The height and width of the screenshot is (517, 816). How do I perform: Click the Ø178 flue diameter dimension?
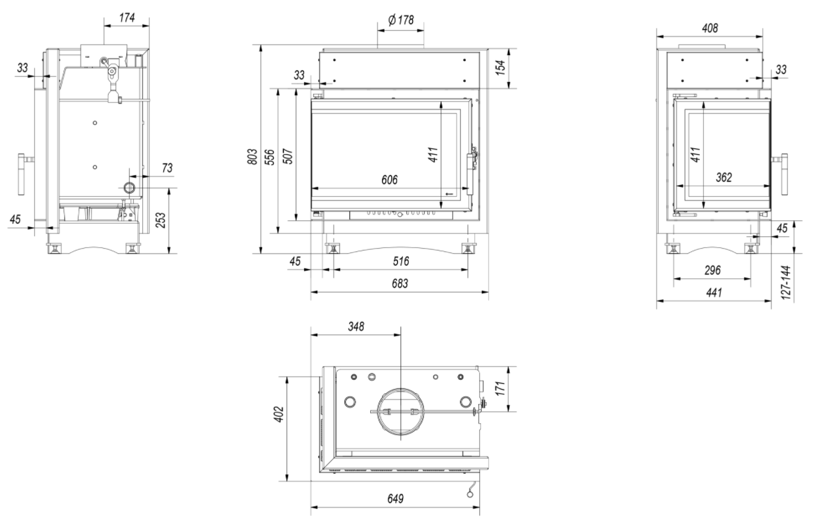point(400,20)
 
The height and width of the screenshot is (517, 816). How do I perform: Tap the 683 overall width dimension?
point(400,284)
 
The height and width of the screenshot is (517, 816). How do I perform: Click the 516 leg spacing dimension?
point(400,262)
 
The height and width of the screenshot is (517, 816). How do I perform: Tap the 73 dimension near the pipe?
point(166,169)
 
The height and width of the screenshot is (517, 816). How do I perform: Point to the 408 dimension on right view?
point(709,28)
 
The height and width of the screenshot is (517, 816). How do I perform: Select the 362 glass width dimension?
point(724,176)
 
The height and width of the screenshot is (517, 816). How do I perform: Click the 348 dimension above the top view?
point(356,325)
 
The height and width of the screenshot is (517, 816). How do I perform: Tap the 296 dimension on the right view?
point(712,270)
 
